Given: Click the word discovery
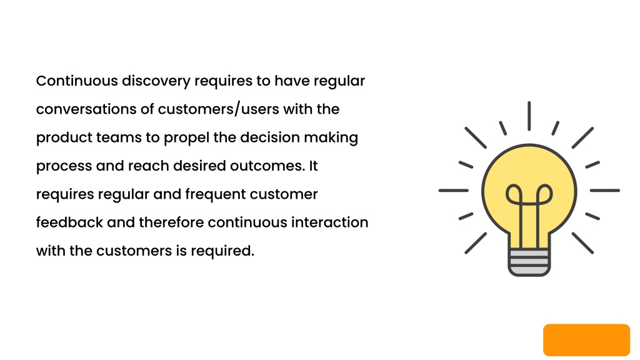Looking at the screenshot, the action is click(156, 81).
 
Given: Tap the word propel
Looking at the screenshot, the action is click(186, 138).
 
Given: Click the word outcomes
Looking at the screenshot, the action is click(267, 166).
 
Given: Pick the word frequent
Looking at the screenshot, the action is click(215, 195).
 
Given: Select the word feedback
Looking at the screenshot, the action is click(69, 222).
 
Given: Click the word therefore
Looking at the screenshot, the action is click(171, 222).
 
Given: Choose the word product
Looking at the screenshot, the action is click(64, 138).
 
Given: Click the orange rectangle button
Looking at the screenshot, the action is click(586, 340).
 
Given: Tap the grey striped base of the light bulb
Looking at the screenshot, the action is click(529, 262).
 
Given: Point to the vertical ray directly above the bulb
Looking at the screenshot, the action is click(529, 116).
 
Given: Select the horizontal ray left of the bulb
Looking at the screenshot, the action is click(454, 190).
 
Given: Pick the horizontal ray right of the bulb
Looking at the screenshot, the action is click(605, 190).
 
